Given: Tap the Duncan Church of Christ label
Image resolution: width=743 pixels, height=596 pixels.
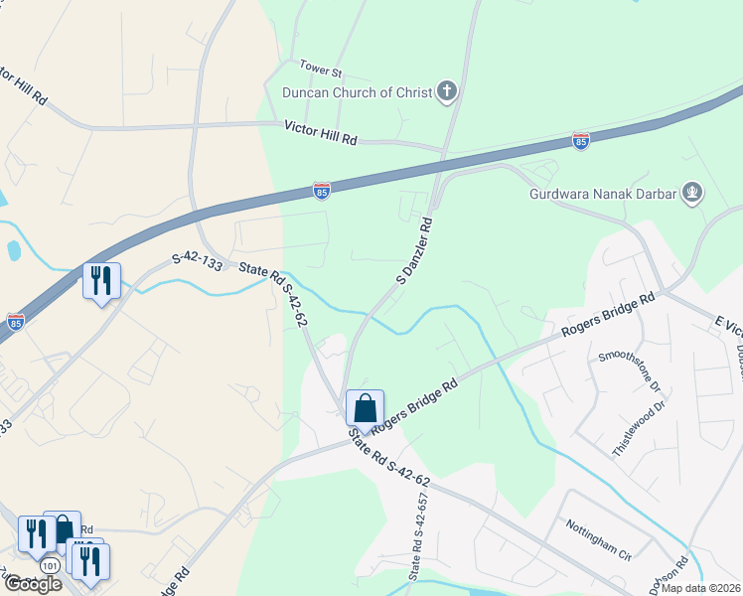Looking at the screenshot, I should pyautogui.click(x=357, y=93).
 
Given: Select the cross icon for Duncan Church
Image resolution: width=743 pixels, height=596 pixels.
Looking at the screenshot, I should pyautogui.click(x=447, y=93).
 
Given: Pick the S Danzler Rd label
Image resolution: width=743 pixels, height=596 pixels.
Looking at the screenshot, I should pyautogui.click(x=415, y=251).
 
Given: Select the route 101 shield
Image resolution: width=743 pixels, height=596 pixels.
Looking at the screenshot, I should pyautogui.click(x=50, y=565).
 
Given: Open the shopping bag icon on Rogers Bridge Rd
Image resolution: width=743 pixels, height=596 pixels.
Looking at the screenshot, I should pyautogui.click(x=365, y=408).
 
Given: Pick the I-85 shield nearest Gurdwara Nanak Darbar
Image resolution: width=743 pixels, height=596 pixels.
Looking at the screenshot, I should pyautogui.click(x=580, y=141).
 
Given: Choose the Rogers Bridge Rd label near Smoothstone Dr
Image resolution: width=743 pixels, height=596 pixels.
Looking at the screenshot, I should pyautogui.click(x=608, y=313).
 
